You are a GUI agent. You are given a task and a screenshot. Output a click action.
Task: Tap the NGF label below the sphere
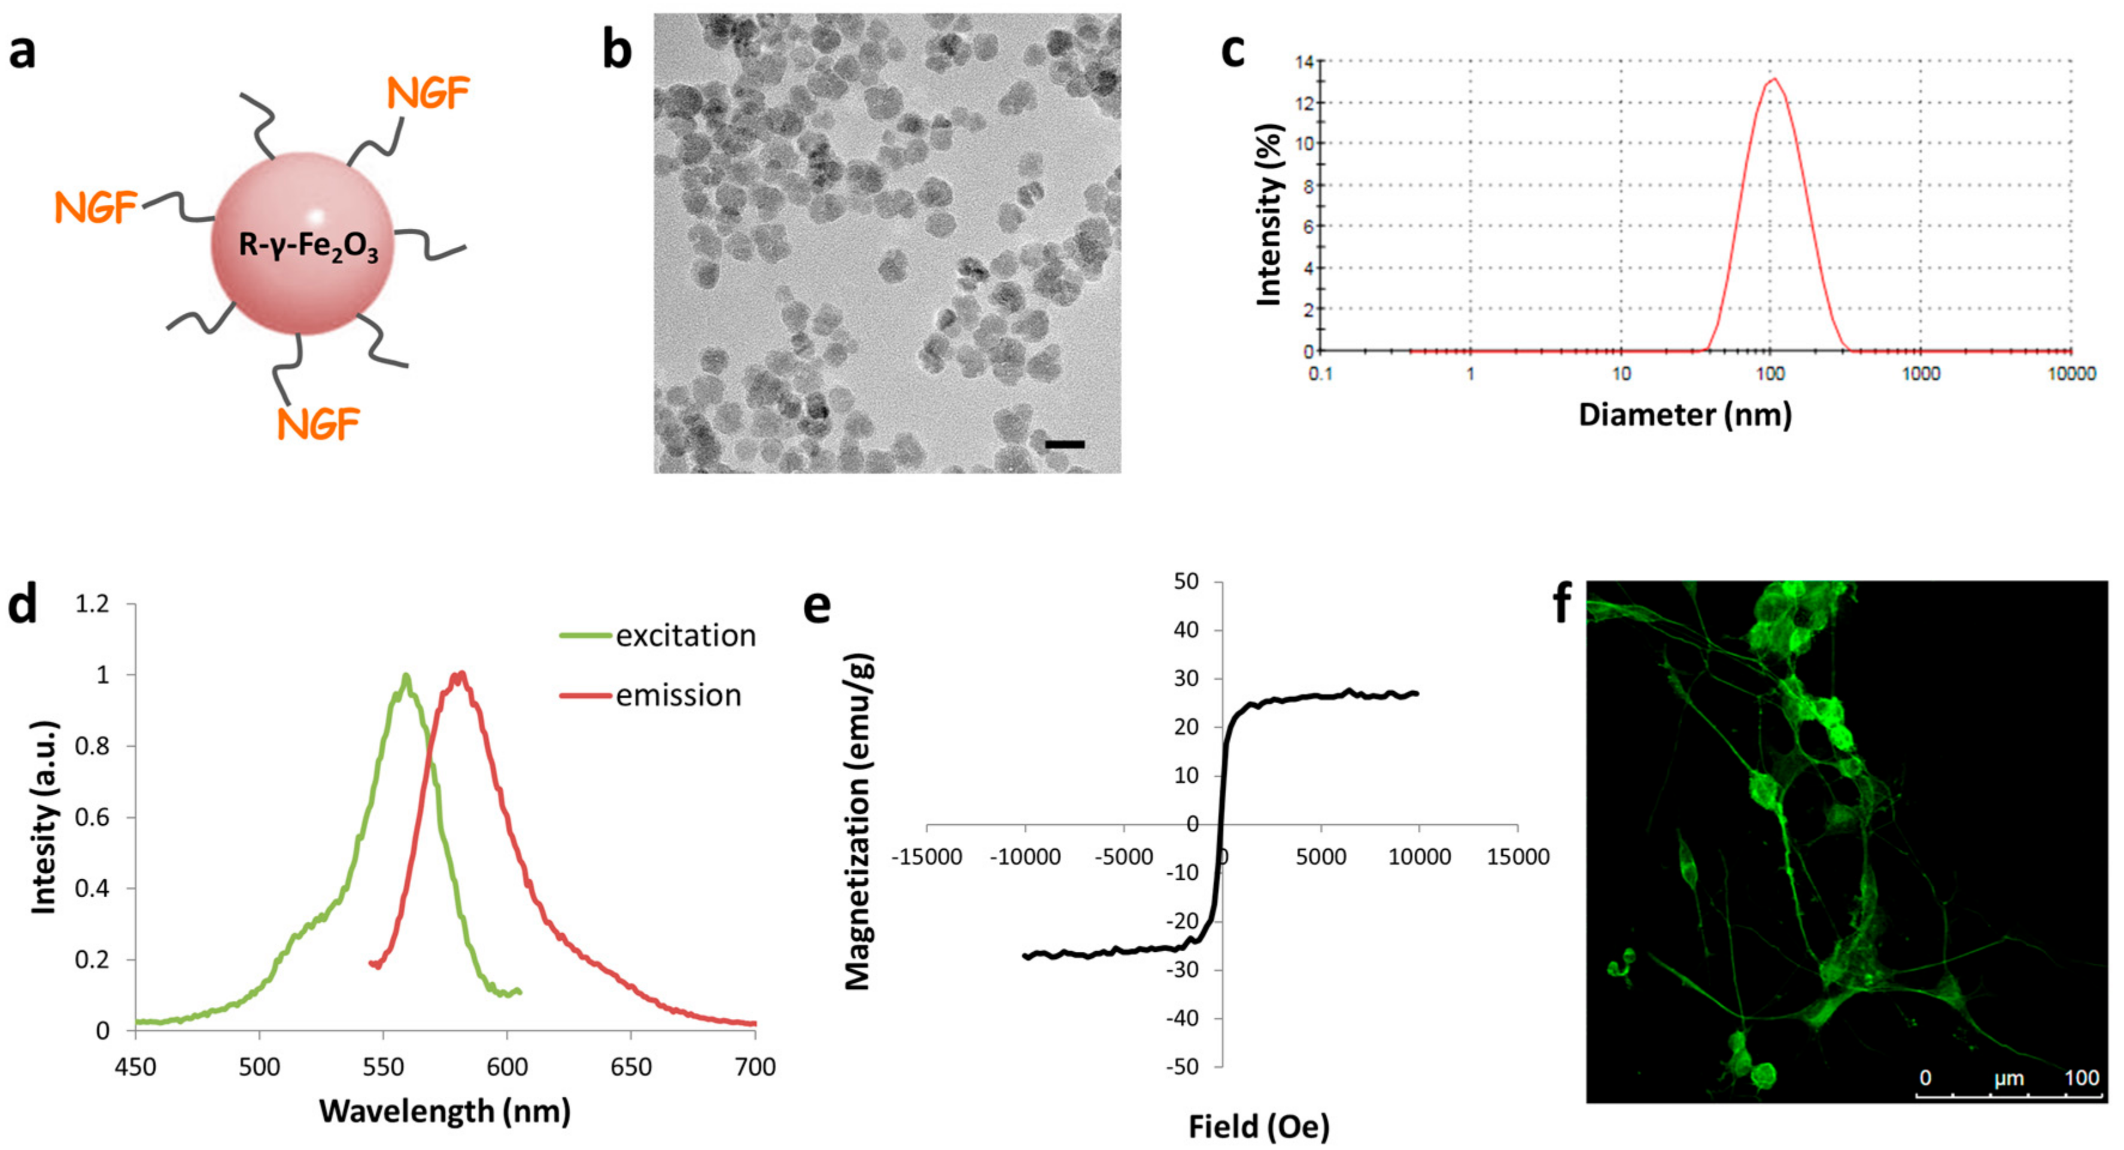click(x=318, y=424)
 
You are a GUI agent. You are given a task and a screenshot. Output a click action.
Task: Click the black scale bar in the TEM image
click(x=1065, y=444)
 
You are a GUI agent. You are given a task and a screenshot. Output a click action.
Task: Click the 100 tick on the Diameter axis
click(x=1770, y=374)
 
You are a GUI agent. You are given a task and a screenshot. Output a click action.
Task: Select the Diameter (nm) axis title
click(x=1685, y=414)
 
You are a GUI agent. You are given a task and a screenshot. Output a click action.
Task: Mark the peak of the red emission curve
click(x=460, y=674)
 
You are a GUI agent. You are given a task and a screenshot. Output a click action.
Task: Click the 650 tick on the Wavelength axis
click(x=631, y=1067)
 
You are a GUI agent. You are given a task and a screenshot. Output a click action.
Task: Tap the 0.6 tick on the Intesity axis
click(x=92, y=818)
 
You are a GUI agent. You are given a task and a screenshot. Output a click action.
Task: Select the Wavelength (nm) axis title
click(x=445, y=1111)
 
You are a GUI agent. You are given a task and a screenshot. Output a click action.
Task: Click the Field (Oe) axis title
click(x=1258, y=1126)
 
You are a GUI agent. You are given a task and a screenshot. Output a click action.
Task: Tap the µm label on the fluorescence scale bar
click(x=2008, y=1078)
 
